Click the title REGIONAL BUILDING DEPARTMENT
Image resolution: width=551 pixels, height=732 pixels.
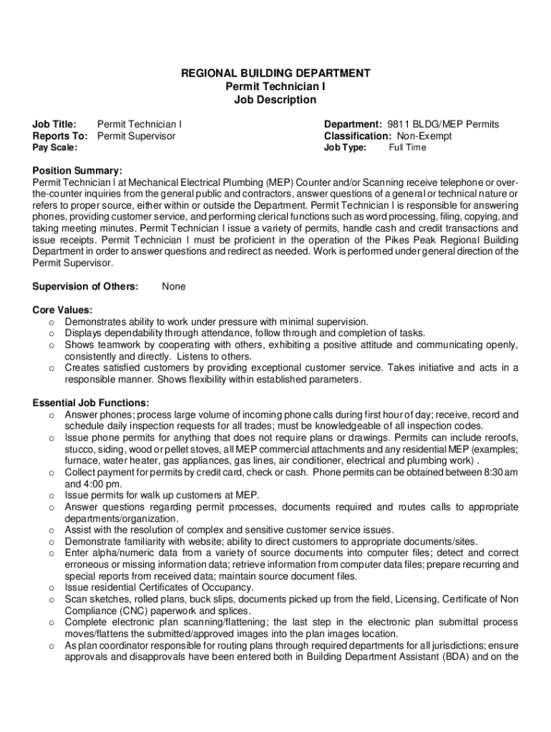tap(275, 73)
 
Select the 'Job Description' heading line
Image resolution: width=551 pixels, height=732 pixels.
tap(275, 99)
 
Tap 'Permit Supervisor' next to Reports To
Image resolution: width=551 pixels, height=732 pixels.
tap(136, 136)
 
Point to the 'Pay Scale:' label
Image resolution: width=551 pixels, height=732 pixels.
tap(55, 148)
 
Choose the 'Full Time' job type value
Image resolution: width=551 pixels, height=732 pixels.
tap(407, 148)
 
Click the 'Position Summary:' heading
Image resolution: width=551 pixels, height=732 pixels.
tap(77, 171)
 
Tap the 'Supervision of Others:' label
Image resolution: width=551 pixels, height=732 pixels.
tap(86, 287)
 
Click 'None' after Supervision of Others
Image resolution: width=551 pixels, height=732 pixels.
tap(174, 287)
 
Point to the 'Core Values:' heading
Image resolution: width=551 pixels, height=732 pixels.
tap(62, 310)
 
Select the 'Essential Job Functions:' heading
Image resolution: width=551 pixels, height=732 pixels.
tap(91, 402)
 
